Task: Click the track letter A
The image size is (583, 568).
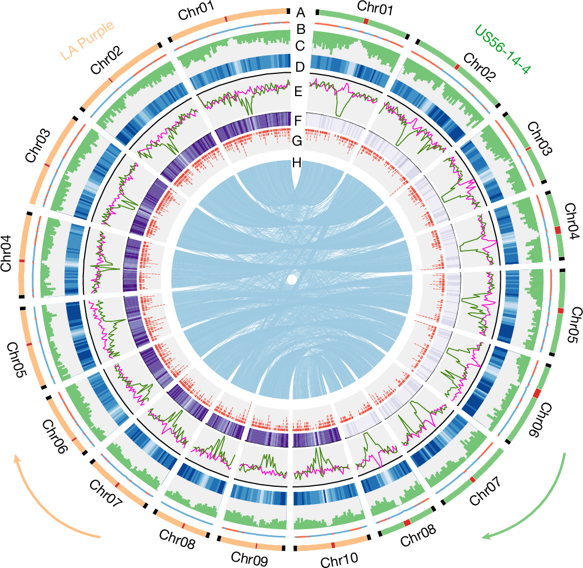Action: point(301,13)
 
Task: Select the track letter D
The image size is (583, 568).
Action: point(300,67)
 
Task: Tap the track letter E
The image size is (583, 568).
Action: point(298,92)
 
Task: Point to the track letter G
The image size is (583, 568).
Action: point(297,141)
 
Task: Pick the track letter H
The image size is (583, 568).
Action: point(297,163)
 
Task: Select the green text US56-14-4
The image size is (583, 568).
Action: point(502,49)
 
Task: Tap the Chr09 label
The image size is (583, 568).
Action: point(249,558)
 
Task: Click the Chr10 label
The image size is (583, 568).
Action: point(339,559)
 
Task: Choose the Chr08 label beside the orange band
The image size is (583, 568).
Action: point(177,539)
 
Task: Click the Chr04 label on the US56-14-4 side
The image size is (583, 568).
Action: point(571,221)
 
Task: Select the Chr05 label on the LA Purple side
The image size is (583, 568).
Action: point(17,360)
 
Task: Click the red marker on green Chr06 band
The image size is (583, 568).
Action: point(537,393)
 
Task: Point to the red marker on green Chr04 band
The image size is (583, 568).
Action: point(558,230)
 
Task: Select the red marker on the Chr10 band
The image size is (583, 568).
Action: point(333,545)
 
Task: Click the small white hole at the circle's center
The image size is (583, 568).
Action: point(292,280)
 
